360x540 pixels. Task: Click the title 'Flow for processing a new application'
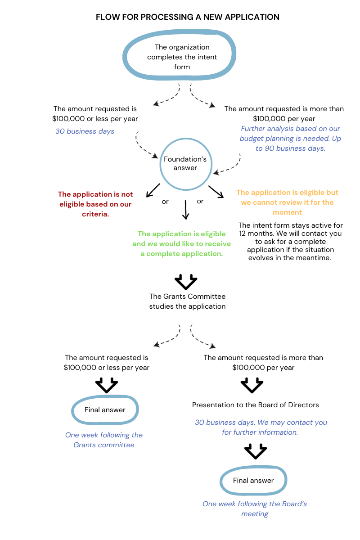187,17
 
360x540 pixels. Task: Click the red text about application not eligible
95,204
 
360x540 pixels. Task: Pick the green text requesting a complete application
181,243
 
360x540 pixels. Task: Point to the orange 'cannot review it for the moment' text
287,202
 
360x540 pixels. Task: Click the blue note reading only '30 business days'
85,131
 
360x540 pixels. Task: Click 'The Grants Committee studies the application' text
187,301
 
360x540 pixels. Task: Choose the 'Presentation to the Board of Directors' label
255,405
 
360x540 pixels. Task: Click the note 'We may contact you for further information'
265,427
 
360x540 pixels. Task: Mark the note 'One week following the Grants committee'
104,440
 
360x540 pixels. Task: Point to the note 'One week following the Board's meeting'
255,508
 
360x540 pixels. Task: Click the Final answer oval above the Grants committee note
105,410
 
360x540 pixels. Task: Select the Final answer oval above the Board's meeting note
253,481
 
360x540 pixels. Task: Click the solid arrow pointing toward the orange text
216,191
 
